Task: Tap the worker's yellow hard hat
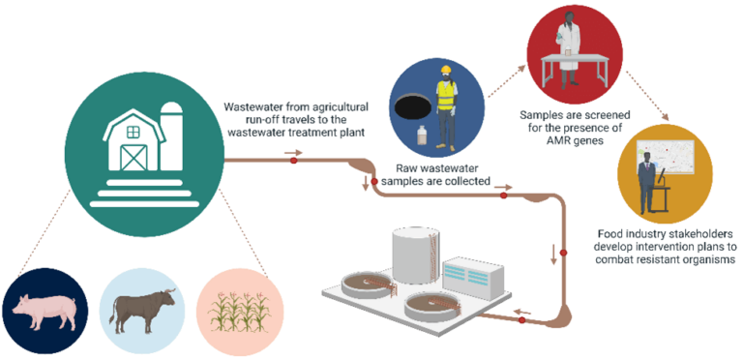[446, 75]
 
